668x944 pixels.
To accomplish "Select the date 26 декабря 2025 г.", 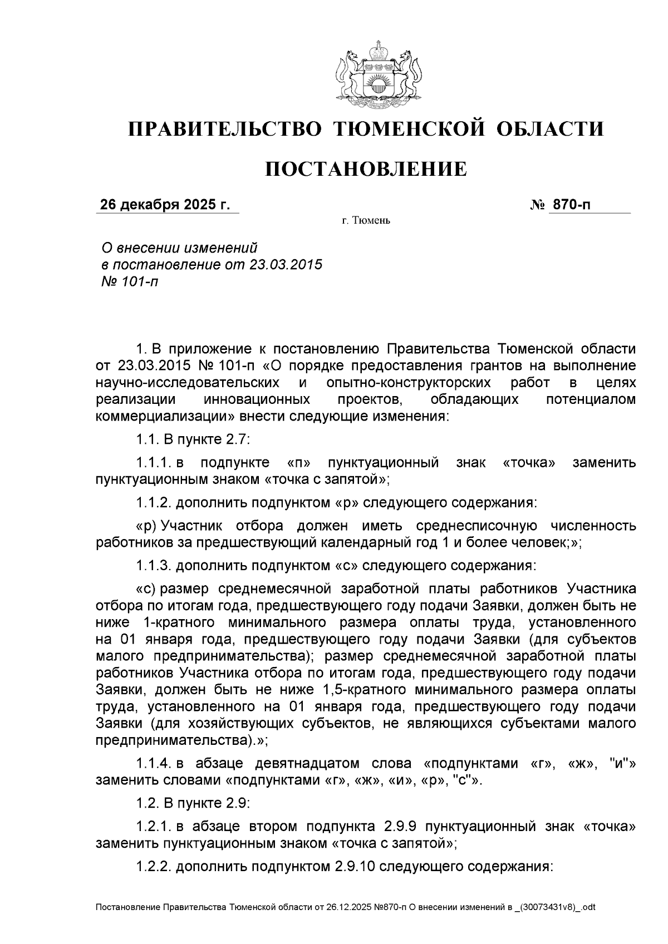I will click(x=165, y=205).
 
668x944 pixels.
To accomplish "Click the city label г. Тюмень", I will click(x=366, y=221).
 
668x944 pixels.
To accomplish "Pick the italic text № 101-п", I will click(x=129, y=281).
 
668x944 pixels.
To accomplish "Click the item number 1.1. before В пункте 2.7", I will click(x=148, y=439).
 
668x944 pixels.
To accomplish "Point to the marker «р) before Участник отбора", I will click(x=146, y=526).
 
